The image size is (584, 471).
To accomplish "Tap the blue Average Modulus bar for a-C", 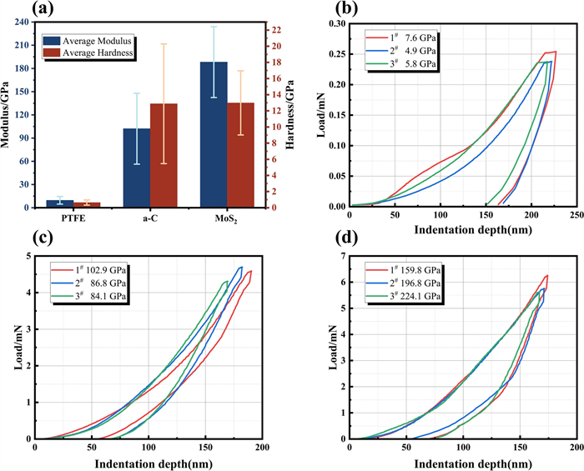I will click(137, 168).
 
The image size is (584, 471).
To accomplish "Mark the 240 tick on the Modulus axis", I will click(24, 23).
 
